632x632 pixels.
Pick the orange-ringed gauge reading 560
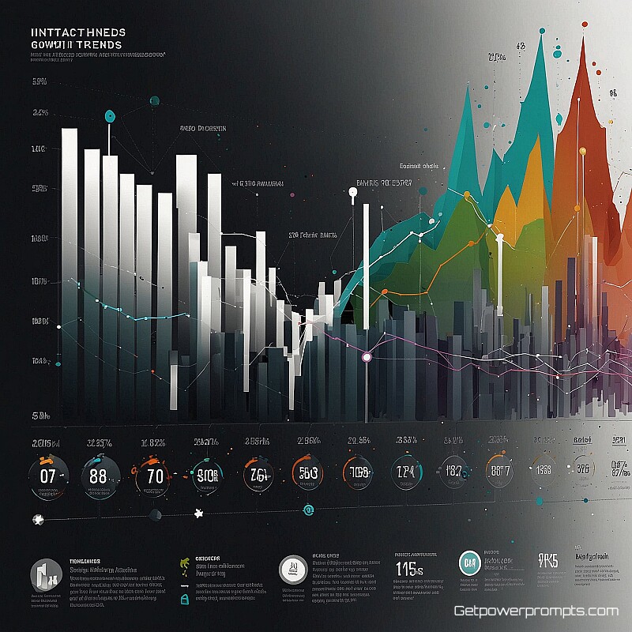pos(307,473)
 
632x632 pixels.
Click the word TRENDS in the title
pos(94,45)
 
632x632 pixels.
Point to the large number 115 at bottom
pos(409,568)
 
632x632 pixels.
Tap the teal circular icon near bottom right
pos(469,564)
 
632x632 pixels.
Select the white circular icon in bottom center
pos(293,568)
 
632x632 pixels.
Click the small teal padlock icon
pos(184,600)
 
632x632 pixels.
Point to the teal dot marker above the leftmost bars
pos(110,116)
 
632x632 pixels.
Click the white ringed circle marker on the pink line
pos(367,358)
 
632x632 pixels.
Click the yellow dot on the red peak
pos(583,150)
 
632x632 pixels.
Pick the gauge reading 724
pos(404,473)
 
